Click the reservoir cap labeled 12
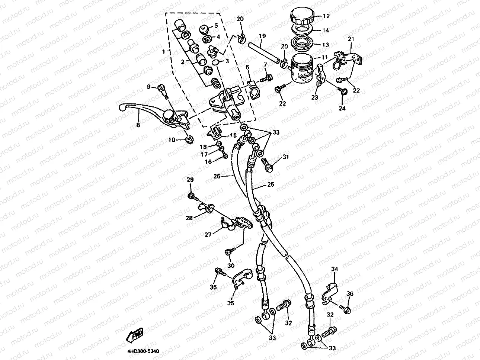click(x=302, y=17)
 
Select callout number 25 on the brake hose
click(x=271, y=184)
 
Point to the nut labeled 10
click(x=189, y=139)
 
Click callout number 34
click(x=335, y=269)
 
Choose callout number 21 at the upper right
click(x=351, y=39)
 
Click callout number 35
click(x=231, y=303)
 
